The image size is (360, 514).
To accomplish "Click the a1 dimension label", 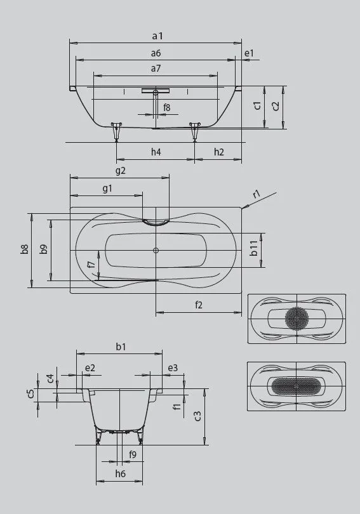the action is coord(157,36).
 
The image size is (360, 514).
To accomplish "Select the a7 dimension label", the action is coord(156,68).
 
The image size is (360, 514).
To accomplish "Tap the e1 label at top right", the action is coord(249,53).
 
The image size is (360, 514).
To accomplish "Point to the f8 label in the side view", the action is coord(167,107).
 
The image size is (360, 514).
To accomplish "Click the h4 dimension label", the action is coord(156,152).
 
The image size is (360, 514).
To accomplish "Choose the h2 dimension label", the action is coord(218,152).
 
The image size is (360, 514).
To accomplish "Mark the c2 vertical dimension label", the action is coord(276,106).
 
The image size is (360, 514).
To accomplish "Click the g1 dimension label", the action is coord(107,188).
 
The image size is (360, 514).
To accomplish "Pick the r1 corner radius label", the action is coord(257,194).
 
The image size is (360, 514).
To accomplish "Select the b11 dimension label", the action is coord(254,249).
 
